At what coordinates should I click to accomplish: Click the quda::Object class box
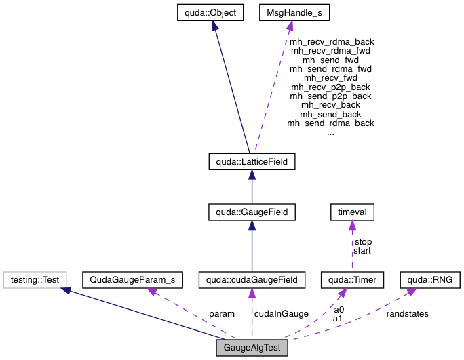point(214,12)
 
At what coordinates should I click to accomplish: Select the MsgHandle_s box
point(288,12)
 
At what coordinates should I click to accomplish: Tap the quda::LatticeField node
point(252,163)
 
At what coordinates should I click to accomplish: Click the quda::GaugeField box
point(252,213)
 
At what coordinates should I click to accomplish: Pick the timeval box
point(351,213)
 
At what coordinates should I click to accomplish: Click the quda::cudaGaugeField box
point(252,279)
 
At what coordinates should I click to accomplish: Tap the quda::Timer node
point(351,279)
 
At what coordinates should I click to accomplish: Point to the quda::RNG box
point(429,279)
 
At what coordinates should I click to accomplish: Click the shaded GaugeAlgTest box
point(252,348)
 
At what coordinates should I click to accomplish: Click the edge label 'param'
point(221,313)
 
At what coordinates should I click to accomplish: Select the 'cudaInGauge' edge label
point(282,313)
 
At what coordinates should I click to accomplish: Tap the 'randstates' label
point(407,313)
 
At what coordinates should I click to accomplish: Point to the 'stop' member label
point(363,241)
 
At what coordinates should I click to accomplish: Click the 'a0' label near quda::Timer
point(339,309)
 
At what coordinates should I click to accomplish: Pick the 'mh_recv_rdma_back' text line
point(332,41)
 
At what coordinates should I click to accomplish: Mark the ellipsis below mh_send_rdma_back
point(330,133)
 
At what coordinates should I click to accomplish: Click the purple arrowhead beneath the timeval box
point(351,226)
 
